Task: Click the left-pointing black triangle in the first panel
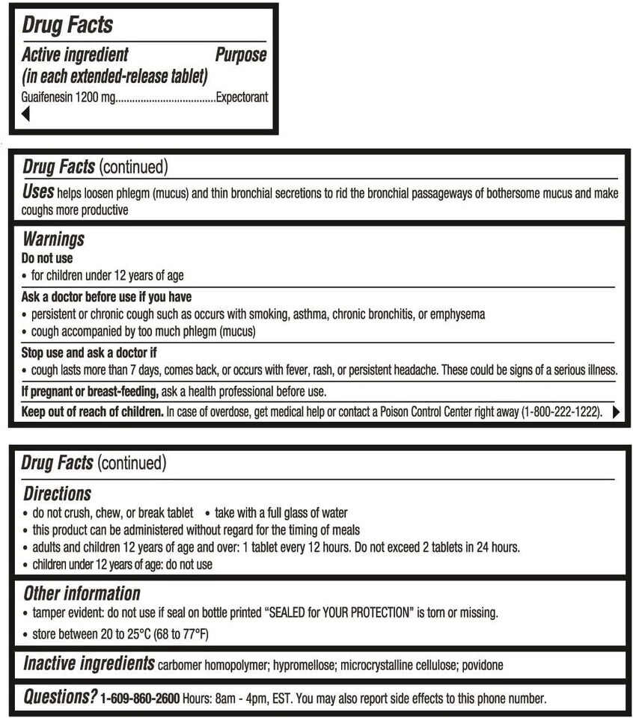(25, 114)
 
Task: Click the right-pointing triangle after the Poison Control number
(617, 411)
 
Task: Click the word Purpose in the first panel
(240, 55)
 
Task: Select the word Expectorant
(242, 97)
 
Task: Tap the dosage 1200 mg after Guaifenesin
(93, 97)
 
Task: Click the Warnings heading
(53, 239)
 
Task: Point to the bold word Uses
(37, 192)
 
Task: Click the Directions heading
(57, 494)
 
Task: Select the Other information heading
(82, 594)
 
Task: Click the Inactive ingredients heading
(89, 663)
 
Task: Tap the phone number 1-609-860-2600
(140, 699)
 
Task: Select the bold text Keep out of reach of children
(93, 411)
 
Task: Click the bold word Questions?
(60, 698)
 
